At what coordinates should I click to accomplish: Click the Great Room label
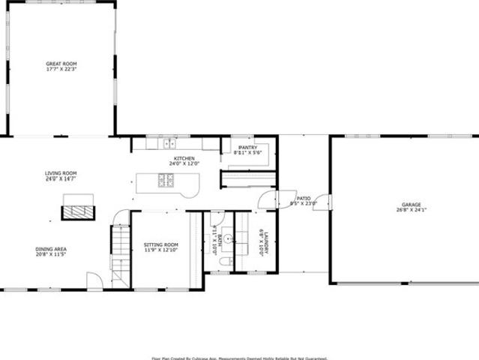pyautogui.click(x=61, y=65)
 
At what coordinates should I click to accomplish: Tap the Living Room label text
pyautogui.click(x=61, y=173)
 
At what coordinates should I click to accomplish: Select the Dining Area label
pyautogui.click(x=51, y=250)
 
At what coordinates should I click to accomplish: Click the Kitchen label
pyautogui.click(x=184, y=158)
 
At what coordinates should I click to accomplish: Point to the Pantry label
pyautogui.click(x=248, y=148)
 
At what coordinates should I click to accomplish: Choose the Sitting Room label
pyautogui.click(x=161, y=245)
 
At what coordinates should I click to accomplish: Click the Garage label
pyautogui.click(x=411, y=204)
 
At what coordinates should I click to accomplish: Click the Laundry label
pyautogui.click(x=265, y=242)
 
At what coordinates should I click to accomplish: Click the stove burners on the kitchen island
pyautogui.click(x=166, y=180)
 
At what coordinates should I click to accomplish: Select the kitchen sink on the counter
pyautogui.click(x=169, y=142)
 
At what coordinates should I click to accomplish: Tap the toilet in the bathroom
pyautogui.click(x=224, y=263)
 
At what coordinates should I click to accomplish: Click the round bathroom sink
pyautogui.click(x=241, y=241)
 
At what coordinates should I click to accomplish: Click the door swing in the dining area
pyautogui.click(x=94, y=280)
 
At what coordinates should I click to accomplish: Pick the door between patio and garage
pyautogui.click(x=325, y=205)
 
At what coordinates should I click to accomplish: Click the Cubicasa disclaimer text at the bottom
pyautogui.click(x=239, y=357)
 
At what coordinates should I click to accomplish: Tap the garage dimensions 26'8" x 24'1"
pyautogui.click(x=411, y=210)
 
